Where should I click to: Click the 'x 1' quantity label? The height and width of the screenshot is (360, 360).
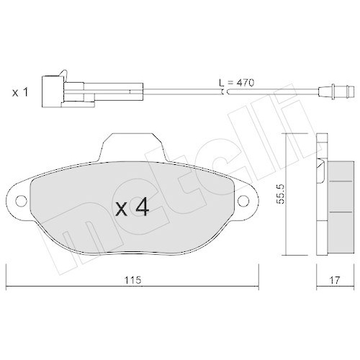click(19, 91)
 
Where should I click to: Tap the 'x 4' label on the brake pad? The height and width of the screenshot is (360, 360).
click(132, 208)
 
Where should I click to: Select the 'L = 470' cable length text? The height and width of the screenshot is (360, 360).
click(238, 84)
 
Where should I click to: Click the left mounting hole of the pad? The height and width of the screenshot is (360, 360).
click(21, 201)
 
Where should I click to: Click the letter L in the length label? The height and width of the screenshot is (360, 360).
click(221, 84)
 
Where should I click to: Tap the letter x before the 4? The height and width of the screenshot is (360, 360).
click(122, 210)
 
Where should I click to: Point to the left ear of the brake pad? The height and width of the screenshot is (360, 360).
click(22, 201)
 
